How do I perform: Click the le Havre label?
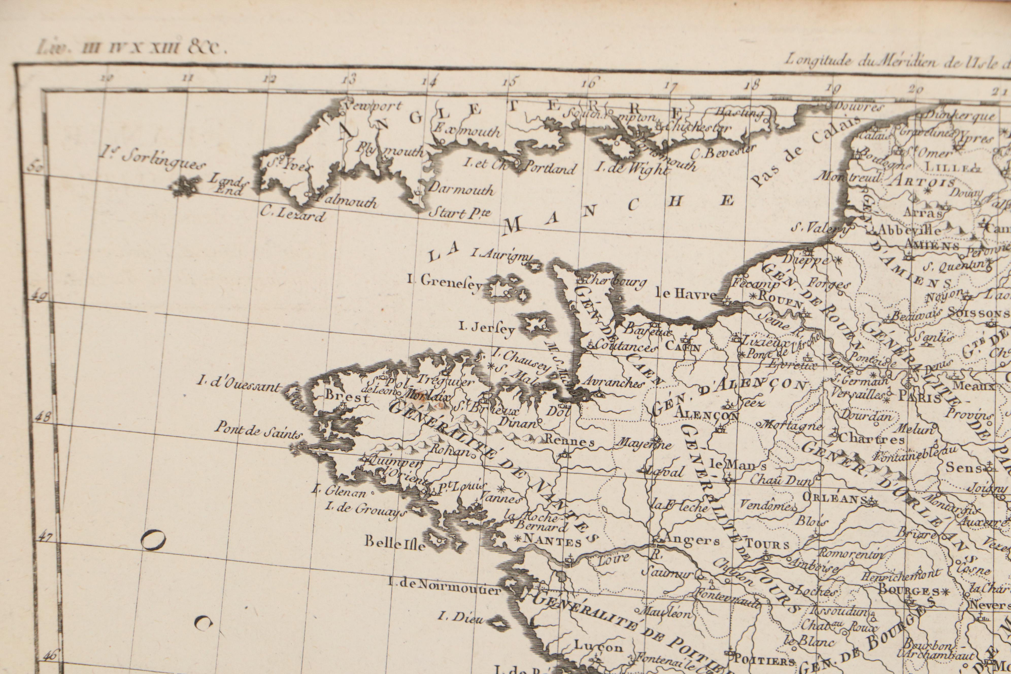686,294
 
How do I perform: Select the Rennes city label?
570,442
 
